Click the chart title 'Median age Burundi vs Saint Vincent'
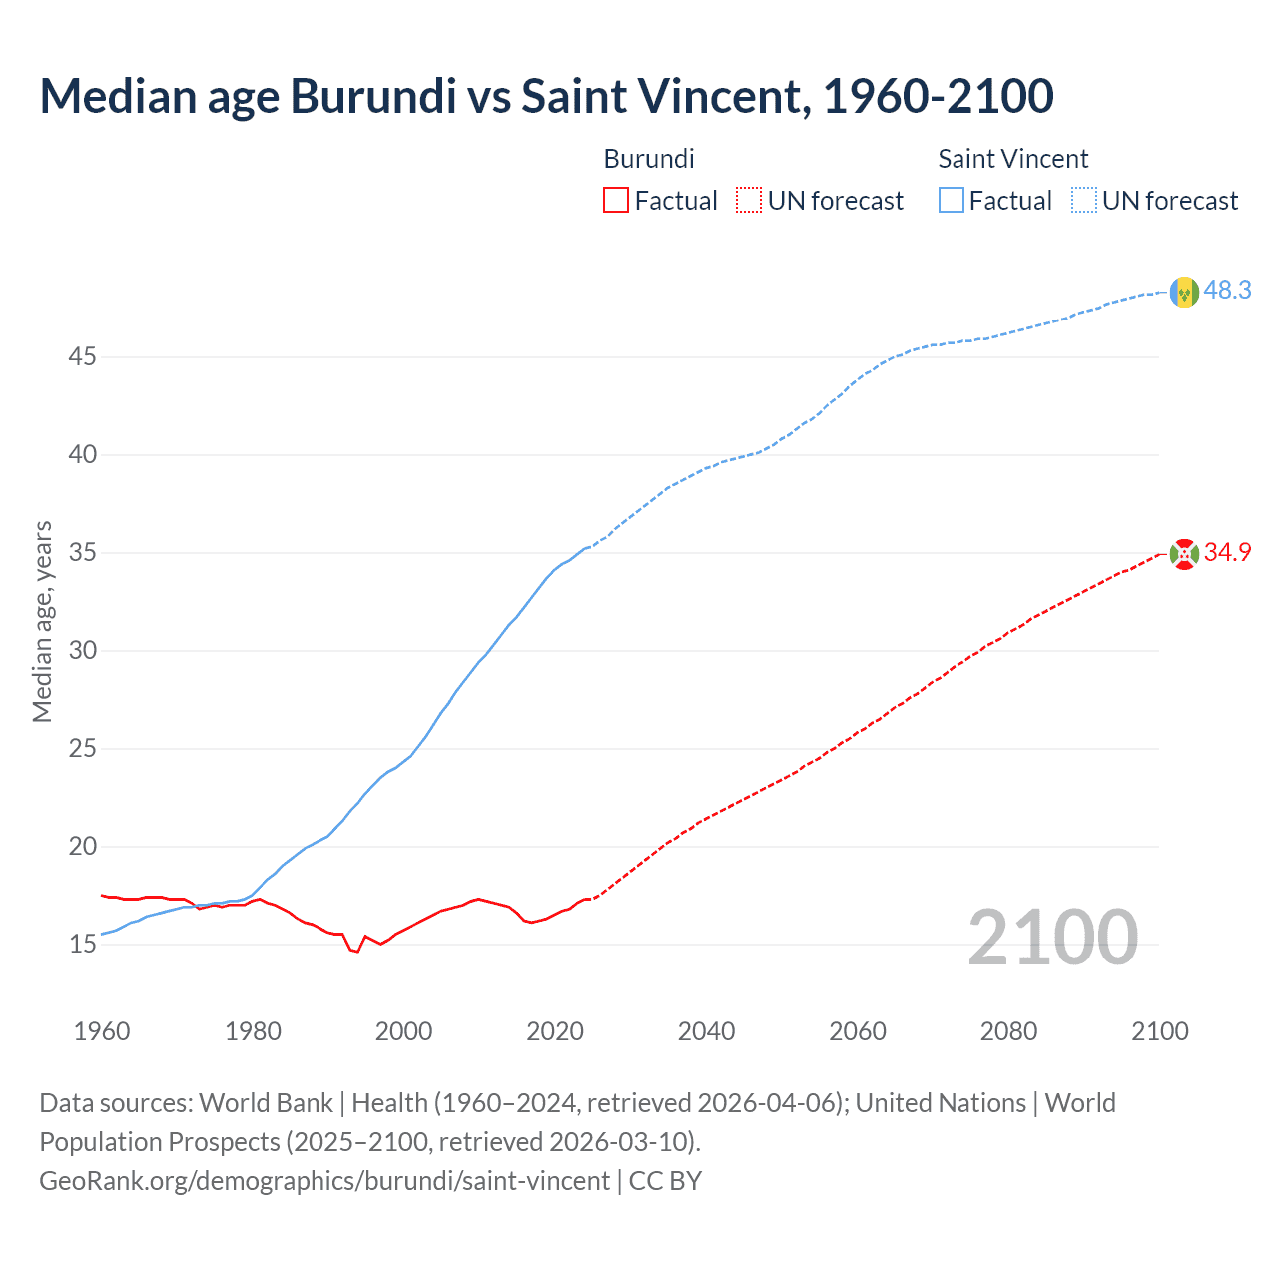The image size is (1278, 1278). (x=546, y=97)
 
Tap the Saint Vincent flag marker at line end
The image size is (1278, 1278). (x=1184, y=292)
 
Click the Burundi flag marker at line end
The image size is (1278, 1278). (x=1184, y=554)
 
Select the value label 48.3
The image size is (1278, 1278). (x=1227, y=291)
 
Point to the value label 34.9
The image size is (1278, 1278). (x=1227, y=553)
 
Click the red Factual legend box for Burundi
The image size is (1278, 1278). (x=616, y=201)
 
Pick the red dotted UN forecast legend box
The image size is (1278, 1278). (x=749, y=201)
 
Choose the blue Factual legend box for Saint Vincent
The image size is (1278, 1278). (x=952, y=201)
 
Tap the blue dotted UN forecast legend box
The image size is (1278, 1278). (x=1084, y=201)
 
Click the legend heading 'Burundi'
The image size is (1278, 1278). (x=649, y=159)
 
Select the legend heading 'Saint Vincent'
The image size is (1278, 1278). (x=1012, y=159)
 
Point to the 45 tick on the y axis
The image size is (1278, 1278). (x=82, y=356)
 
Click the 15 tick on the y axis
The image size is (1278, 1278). (x=82, y=944)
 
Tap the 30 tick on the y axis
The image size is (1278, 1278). (x=82, y=650)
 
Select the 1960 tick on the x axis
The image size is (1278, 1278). (x=102, y=1031)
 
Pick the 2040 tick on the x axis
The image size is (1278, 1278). (x=706, y=1031)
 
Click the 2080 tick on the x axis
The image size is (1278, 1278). (x=1008, y=1031)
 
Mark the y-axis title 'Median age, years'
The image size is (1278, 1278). (x=42, y=621)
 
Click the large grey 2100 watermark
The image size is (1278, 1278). (x=1052, y=938)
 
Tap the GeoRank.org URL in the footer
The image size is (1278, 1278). (x=324, y=1181)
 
